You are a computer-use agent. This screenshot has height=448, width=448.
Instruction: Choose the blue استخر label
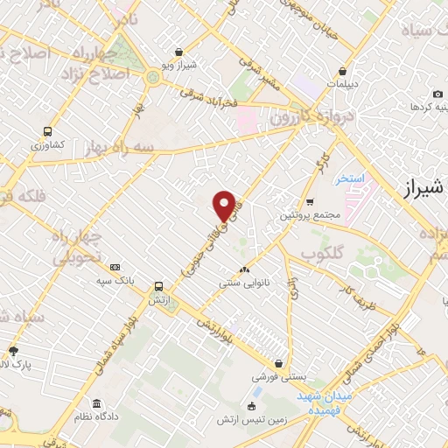pyautogui.click(x=347, y=179)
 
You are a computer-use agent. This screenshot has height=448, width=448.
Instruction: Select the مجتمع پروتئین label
pyautogui.click(x=310, y=215)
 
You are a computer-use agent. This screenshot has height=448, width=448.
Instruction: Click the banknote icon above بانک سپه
pyautogui.click(x=115, y=267)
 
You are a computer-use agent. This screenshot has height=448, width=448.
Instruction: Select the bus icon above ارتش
pyautogui.click(x=158, y=286)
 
